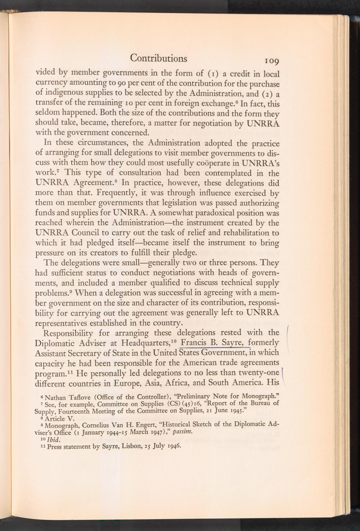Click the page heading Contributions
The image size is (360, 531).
click(158, 58)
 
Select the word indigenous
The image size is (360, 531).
click(64, 94)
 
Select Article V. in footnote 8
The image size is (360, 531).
click(62, 418)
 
